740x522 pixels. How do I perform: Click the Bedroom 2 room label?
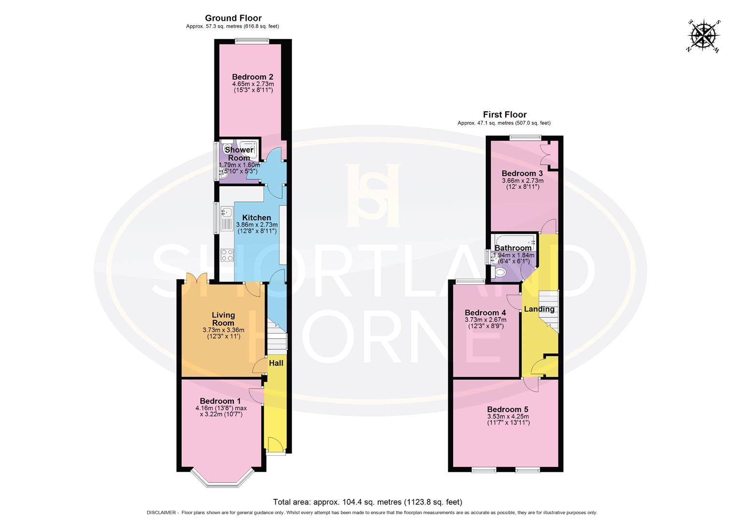point(252,77)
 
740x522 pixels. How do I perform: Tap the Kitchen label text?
point(256,217)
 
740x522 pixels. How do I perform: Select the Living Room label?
point(223,319)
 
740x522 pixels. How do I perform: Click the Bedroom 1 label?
point(220,401)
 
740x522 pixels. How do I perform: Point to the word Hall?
point(276,363)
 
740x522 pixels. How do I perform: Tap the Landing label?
point(539,309)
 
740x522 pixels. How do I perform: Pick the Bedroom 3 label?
point(522,174)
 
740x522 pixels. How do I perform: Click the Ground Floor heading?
point(233,18)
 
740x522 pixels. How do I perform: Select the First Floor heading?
point(505,115)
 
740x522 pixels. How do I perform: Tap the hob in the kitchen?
point(227,254)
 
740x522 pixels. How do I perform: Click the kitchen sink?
point(226,213)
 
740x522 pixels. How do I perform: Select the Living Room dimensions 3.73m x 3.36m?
point(223,330)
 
